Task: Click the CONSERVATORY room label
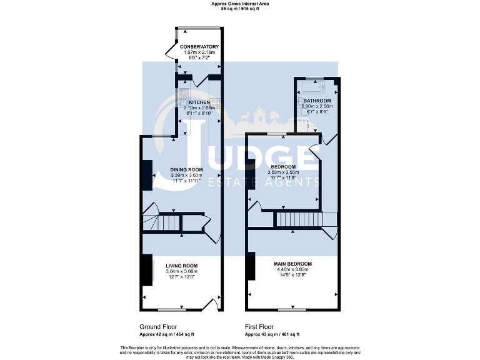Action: tap(199, 47)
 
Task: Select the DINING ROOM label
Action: tap(186, 169)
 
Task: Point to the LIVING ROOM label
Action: tap(181, 266)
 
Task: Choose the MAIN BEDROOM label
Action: tap(292, 264)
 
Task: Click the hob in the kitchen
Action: tap(214, 102)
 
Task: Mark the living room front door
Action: tap(209, 306)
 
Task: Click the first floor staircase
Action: tap(297, 219)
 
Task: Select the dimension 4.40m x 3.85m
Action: tap(292, 269)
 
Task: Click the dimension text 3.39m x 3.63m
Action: tap(186, 175)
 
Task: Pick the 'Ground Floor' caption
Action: tap(157, 326)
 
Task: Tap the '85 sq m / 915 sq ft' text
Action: tap(239, 8)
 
